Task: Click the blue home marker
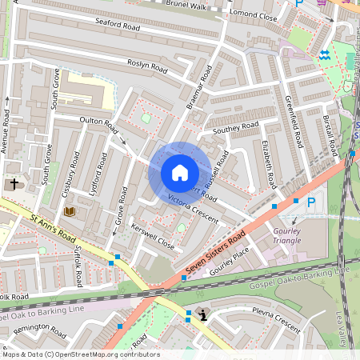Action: click(179, 172)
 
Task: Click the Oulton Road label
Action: click(99, 126)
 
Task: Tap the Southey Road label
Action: click(234, 127)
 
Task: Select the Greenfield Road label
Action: click(293, 122)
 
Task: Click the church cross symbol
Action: click(14, 184)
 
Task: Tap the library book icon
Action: click(70, 211)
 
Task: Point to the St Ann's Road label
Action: click(53, 227)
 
